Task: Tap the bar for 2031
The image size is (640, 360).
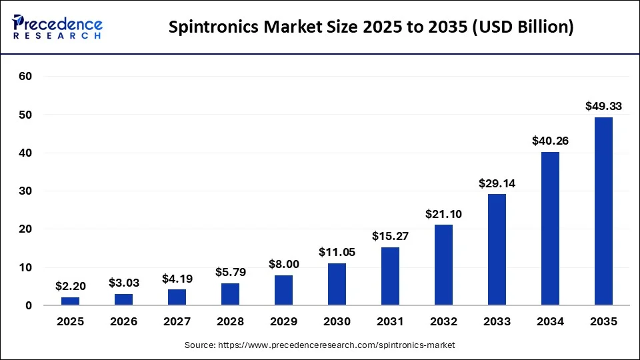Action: [x=390, y=276]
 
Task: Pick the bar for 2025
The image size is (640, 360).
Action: [x=70, y=301]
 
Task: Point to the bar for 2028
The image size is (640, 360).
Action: [x=230, y=294]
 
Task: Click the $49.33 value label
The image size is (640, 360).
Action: [x=603, y=106]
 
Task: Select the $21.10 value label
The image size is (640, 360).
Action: [x=443, y=214]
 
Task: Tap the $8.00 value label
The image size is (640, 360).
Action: [x=283, y=264]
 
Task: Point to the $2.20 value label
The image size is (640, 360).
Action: [x=70, y=286]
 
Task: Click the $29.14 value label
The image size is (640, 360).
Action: [x=497, y=183]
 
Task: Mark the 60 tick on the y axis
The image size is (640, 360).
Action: [x=25, y=77]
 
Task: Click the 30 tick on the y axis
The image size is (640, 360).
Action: [x=25, y=191]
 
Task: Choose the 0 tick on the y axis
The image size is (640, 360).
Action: [x=29, y=306]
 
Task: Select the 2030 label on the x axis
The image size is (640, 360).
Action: [x=337, y=322]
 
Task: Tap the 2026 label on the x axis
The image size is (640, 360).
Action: [x=123, y=322]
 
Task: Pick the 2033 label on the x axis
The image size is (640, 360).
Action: [x=497, y=322]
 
